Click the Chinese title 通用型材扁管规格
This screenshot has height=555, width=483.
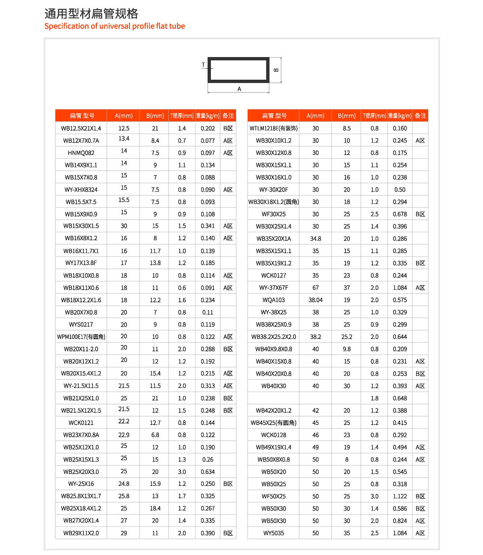click(91, 14)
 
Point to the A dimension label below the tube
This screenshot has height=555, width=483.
click(239, 89)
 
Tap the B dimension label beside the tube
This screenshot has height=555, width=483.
click(276, 70)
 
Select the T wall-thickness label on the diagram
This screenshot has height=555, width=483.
click(203, 65)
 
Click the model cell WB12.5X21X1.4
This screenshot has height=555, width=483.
click(81, 128)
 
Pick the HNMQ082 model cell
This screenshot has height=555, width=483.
click(81, 153)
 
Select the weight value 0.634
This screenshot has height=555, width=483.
click(208, 472)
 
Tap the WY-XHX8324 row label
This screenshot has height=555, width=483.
click(81, 190)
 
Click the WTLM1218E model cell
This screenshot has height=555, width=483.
click(273, 128)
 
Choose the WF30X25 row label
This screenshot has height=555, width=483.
click(273, 214)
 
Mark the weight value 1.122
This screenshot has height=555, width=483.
click(400, 496)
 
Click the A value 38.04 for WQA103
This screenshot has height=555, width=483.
click(315, 300)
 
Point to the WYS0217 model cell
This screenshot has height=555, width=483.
click(81, 324)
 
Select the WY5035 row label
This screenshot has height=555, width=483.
click(273, 533)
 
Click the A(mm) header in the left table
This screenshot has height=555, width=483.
click(123, 116)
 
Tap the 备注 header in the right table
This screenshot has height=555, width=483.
click(420, 116)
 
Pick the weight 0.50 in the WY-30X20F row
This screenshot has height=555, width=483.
click(400, 190)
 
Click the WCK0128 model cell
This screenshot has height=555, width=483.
click(273, 435)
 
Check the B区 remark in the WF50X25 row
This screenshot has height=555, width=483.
click(420, 496)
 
